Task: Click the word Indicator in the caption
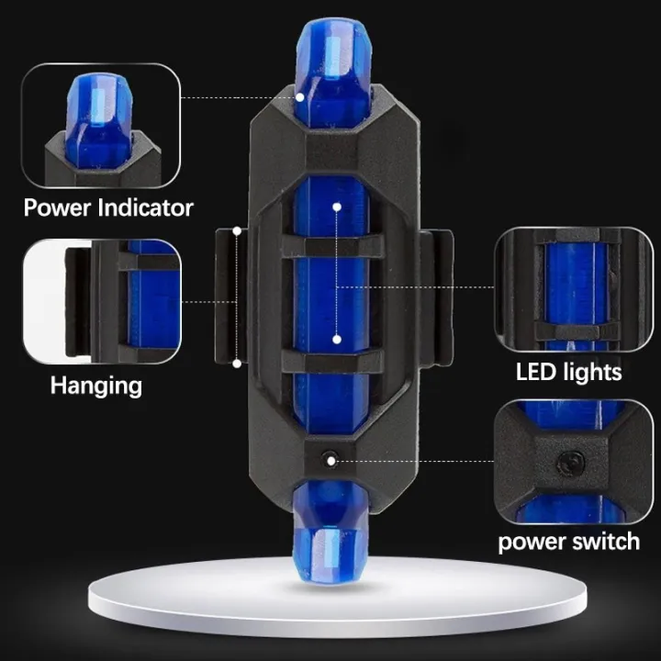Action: click(x=143, y=207)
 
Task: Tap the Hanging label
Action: click(x=95, y=384)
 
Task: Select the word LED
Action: click(x=535, y=371)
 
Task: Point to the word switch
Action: click(x=602, y=541)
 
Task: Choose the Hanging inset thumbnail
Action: click(x=101, y=300)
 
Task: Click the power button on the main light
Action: click(x=330, y=456)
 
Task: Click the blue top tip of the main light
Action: click(x=332, y=64)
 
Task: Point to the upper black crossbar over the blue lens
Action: click(x=331, y=246)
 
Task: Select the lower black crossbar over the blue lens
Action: click(x=331, y=362)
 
